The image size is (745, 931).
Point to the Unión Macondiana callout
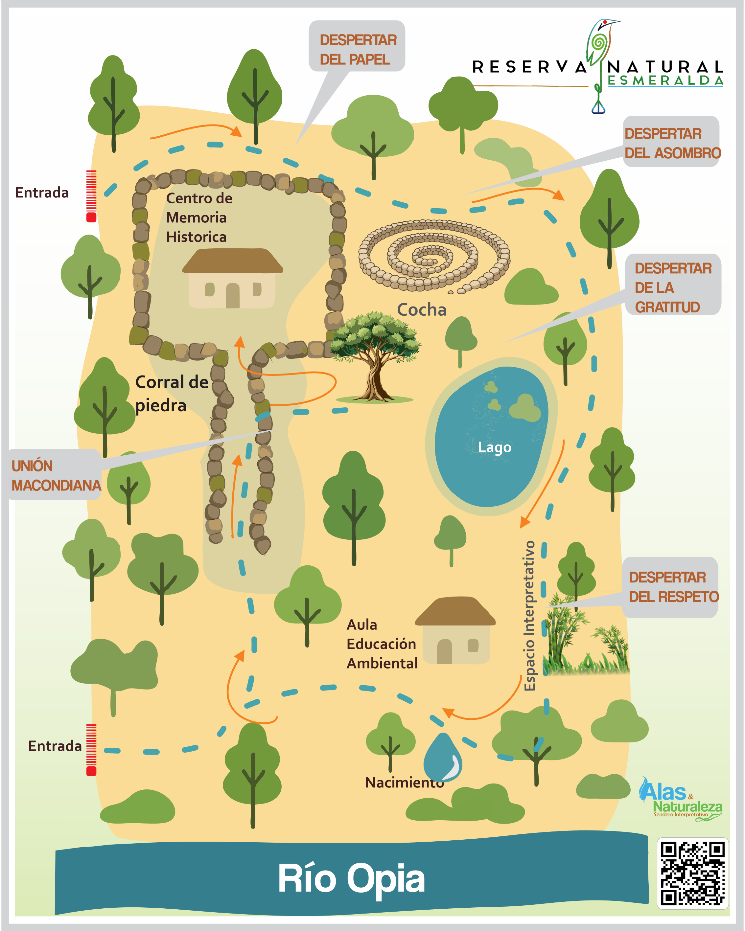tap(55, 475)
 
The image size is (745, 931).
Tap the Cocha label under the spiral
tap(422, 309)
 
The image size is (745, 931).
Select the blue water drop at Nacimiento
tap(443, 758)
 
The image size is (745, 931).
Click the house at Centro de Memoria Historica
tap(232, 279)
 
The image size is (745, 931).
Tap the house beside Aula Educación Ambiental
tap(455, 631)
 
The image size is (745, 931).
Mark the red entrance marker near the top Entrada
tap(91, 196)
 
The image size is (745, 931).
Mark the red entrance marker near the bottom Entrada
tap(91, 750)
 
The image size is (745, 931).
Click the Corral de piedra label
tap(172, 393)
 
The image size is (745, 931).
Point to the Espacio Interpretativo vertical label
tap(529, 615)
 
